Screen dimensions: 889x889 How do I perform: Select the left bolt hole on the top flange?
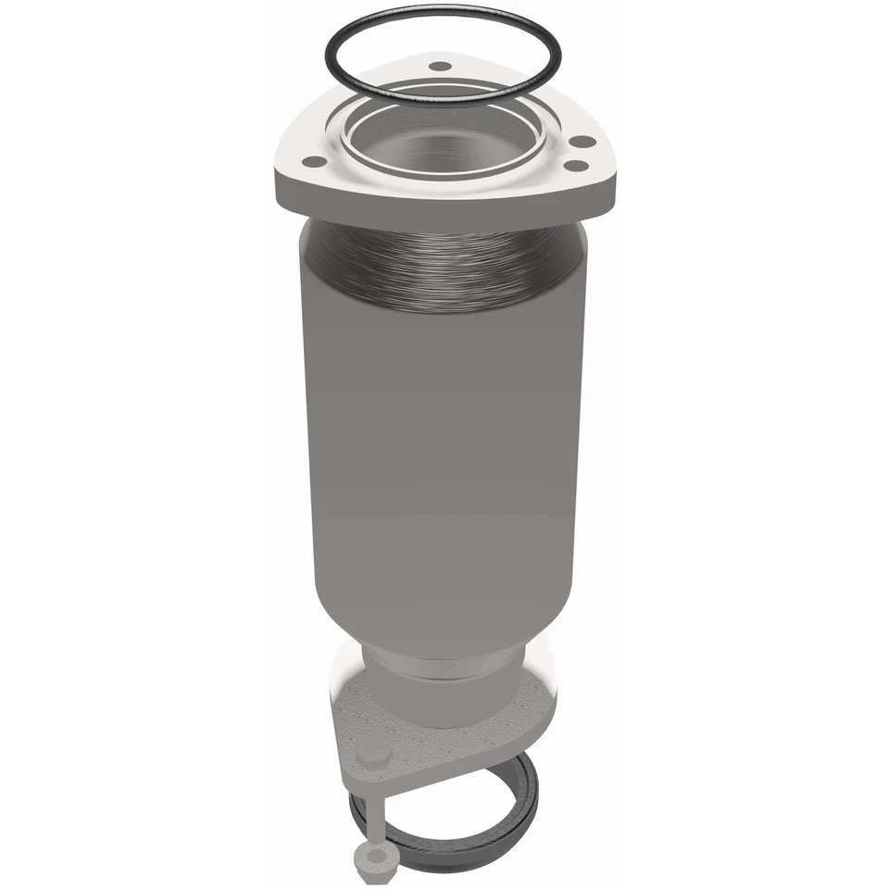click(x=315, y=161)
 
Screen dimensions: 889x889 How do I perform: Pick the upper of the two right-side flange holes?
click(x=582, y=142)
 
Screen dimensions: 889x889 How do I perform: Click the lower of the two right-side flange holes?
click(x=575, y=166)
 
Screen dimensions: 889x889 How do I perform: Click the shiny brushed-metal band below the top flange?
click(x=444, y=269)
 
